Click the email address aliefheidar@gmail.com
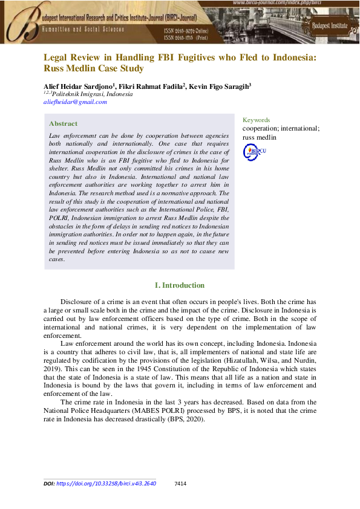[75, 102]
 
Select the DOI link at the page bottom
[106, 484]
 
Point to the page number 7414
[180, 484]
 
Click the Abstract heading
[63, 123]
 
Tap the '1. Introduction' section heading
[180, 285]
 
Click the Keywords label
[256, 120]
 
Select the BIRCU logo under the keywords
[254, 152]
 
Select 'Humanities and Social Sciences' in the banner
[83, 28]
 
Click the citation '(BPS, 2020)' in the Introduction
[184, 418]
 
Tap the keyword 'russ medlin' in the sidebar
[259, 137]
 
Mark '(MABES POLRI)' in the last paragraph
[157, 410]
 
